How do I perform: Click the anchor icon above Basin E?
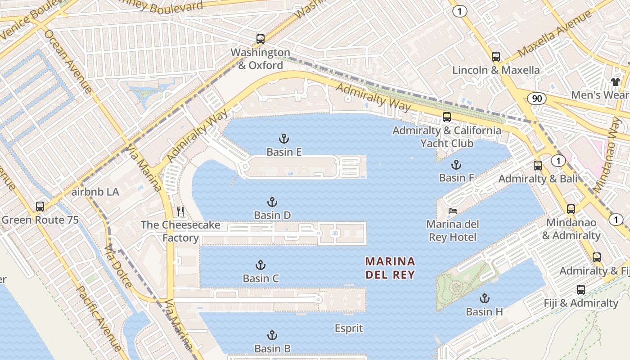(x=284, y=138)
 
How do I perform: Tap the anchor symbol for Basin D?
(x=272, y=202)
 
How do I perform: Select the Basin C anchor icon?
(x=260, y=265)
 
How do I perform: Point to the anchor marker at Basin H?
(x=484, y=298)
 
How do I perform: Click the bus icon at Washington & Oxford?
(x=260, y=39)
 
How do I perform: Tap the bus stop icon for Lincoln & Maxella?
(x=495, y=57)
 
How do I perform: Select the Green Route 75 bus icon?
(x=40, y=207)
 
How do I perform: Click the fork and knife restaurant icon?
(x=180, y=211)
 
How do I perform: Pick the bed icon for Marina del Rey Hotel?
(x=453, y=211)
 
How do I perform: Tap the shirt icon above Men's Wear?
(x=615, y=81)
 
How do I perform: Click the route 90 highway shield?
(x=537, y=99)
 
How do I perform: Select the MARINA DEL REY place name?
(x=390, y=268)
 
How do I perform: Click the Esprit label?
(x=349, y=328)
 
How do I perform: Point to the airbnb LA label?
(x=95, y=192)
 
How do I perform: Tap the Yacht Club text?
(x=446, y=143)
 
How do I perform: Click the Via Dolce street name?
(x=118, y=265)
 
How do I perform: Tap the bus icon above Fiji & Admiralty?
(x=580, y=289)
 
